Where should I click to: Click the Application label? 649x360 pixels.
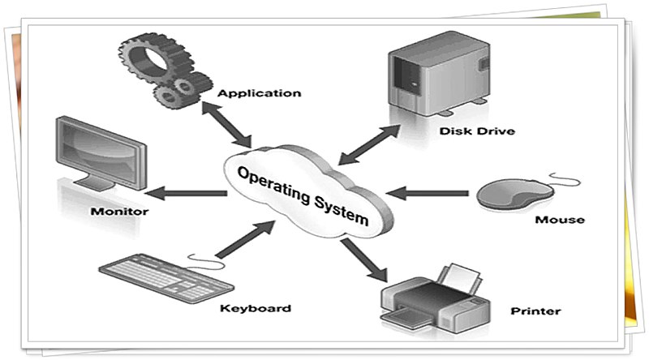click(260, 93)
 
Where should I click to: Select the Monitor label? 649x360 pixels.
click(120, 212)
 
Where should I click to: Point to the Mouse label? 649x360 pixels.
click(560, 219)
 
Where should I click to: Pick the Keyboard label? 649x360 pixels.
click(256, 308)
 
